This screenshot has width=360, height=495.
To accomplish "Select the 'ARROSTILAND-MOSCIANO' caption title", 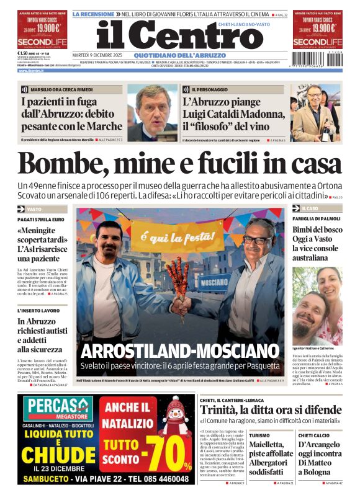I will click(180, 350).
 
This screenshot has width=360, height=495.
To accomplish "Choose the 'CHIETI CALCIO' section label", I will click(313, 435).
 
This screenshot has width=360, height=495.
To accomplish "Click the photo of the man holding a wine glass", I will click(315, 112).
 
